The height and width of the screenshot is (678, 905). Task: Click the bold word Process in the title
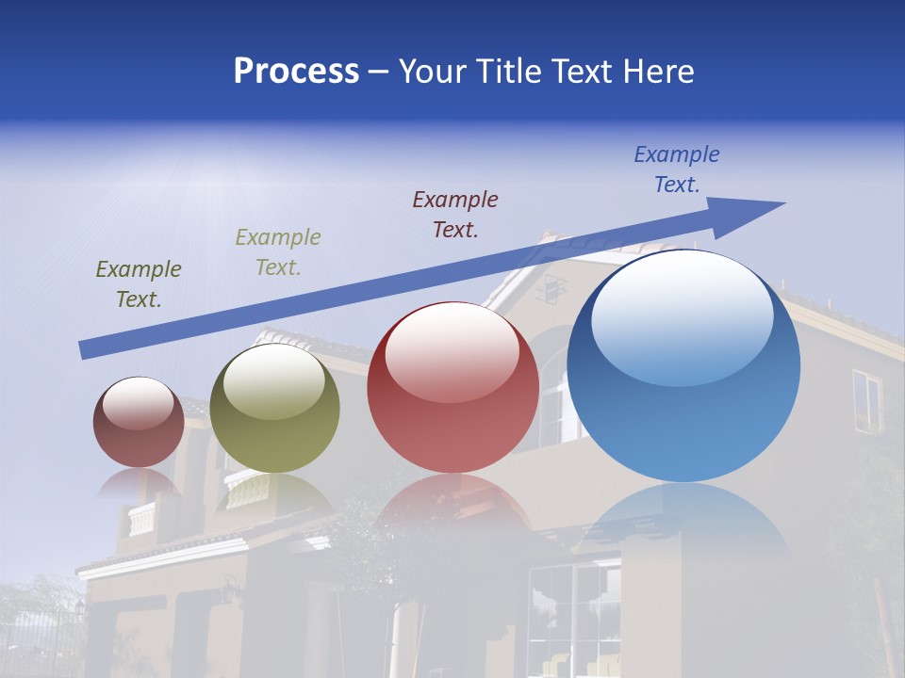296,71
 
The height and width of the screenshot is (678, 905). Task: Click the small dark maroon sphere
139,424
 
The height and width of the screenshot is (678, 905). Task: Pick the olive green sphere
274,410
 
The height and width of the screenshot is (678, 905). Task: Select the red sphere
452,388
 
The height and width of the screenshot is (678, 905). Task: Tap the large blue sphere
683,367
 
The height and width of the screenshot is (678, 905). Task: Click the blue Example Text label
677,169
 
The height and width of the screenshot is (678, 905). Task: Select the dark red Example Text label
455,214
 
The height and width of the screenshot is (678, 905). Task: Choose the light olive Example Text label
278,252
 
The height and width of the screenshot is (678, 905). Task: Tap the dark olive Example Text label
139,284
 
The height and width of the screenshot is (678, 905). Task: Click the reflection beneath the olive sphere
273,494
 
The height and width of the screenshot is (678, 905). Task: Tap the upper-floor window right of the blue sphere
866,400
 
